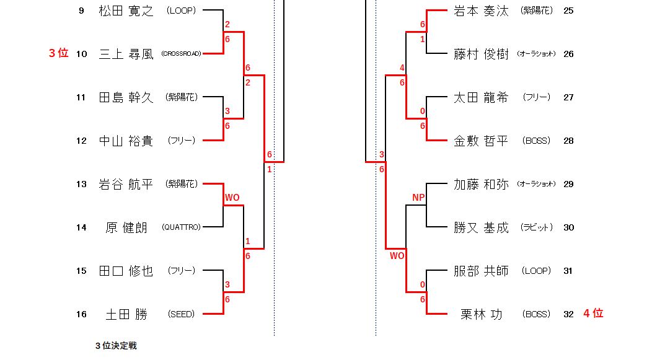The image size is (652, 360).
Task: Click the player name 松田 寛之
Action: coord(126,11)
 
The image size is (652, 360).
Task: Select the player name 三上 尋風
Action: coord(126,54)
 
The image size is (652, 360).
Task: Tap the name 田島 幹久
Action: coord(126,97)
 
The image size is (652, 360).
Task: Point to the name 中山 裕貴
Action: coord(126,141)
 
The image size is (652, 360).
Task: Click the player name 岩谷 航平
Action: coord(126,184)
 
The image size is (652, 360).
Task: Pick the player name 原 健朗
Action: coord(126,227)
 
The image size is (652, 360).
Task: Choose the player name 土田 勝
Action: coord(126,314)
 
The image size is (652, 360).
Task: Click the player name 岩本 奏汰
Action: coord(481,11)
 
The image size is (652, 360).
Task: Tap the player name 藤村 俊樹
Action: coord(481,54)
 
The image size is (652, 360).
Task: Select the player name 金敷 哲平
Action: coord(481,141)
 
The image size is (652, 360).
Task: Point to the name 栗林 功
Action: coord(481,314)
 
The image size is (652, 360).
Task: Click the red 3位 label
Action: coord(58,53)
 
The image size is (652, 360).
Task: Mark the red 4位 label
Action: coord(593,314)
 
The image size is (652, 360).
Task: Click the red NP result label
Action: coord(418,198)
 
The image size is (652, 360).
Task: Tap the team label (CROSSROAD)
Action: coord(181,54)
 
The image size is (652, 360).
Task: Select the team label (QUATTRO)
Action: coord(181,227)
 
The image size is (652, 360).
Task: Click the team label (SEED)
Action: coord(181,314)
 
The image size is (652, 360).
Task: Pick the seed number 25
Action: coord(568,11)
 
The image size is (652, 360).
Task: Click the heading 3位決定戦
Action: coord(116,346)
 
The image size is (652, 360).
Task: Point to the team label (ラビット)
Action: coord(536,227)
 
